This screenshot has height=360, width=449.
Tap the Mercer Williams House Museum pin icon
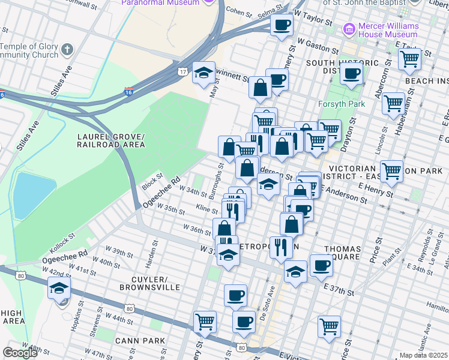click(x=348, y=29)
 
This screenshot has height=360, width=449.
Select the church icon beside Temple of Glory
click(x=67, y=49)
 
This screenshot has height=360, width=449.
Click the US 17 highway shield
click(x=182, y=72)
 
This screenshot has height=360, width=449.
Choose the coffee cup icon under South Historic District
click(x=351, y=74)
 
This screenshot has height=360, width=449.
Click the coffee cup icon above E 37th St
click(x=321, y=265)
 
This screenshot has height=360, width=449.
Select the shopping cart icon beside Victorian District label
click(x=391, y=170)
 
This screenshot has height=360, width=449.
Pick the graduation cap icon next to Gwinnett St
click(x=203, y=73)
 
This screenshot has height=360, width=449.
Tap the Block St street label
click(x=152, y=182)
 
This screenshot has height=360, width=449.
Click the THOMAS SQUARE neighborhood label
click(x=343, y=253)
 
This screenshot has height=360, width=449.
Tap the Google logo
click(x=19, y=353)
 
